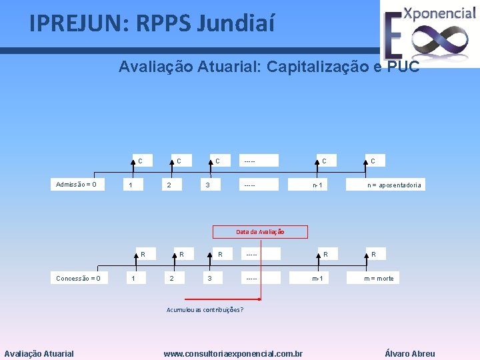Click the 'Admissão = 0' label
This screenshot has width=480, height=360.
coord(76,185)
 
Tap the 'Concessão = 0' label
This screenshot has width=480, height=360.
coord(78,278)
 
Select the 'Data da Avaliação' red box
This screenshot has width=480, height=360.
coord(260,232)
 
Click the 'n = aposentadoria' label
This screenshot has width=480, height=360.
coord(395,185)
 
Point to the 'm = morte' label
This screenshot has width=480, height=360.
coord(379,278)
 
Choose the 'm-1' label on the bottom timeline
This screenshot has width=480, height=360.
coord(317,278)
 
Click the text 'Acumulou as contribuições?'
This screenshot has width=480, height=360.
coord(204,310)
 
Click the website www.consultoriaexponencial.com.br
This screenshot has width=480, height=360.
coord(233,353)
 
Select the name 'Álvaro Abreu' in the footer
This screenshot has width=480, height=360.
coord(410,353)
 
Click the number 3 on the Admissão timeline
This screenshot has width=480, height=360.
coord(208,185)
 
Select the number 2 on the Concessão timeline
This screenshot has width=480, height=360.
coord(172,278)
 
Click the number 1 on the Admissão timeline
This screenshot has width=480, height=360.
coord(131,185)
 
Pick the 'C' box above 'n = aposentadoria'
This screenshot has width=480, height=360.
coord(373,161)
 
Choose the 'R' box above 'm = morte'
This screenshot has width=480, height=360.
coord(373,254)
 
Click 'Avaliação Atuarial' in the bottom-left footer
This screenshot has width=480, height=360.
coord(39,353)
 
